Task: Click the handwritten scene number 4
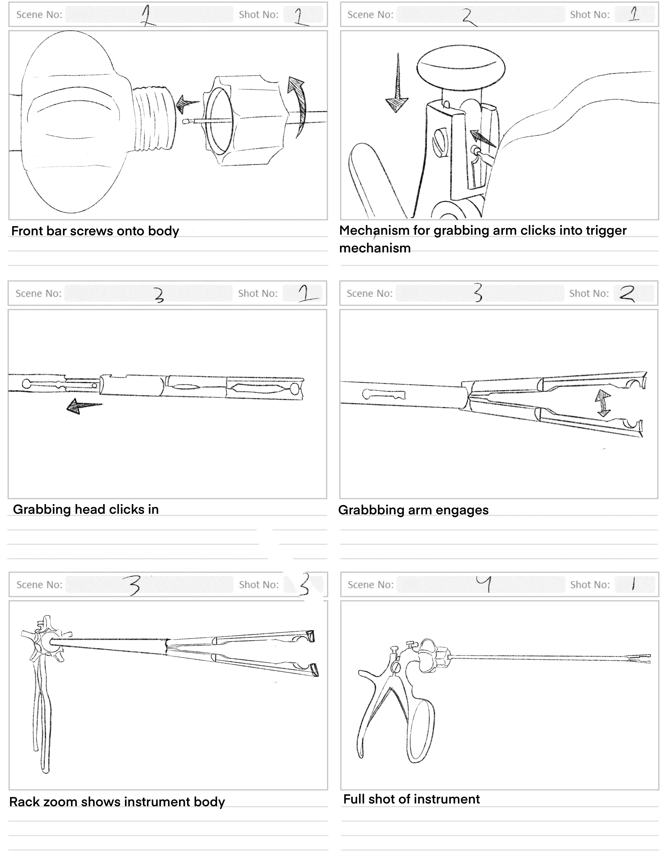(484, 585)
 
